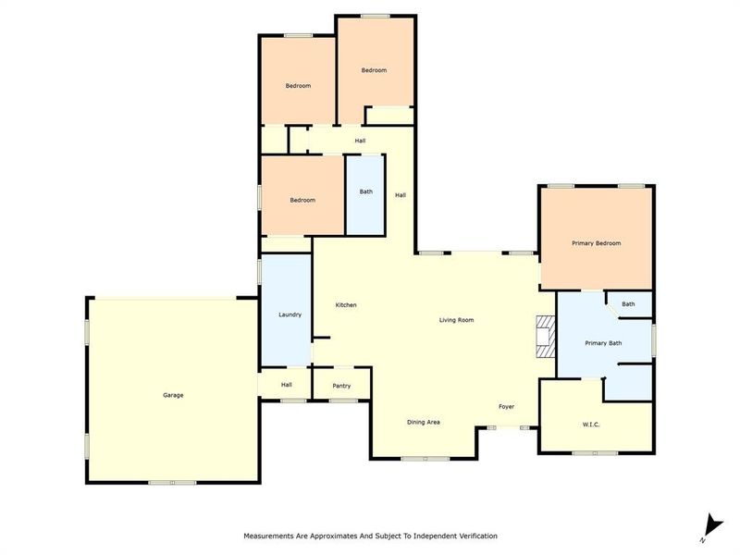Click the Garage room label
[x=173, y=395]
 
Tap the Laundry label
[x=290, y=314]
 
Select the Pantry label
[x=341, y=386]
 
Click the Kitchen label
[x=346, y=305]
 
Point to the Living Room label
[x=456, y=320]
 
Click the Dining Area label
[x=424, y=422]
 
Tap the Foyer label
[x=506, y=407]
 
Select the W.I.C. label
[x=593, y=425]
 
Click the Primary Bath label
[x=603, y=343]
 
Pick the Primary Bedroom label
[x=596, y=243]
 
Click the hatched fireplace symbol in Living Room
[x=545, y=337]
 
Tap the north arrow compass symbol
[x=709, y=525]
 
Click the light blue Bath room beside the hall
[x=366, y=194]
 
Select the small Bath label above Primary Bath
[x=628, y=304]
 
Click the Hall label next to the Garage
[x=287, y=385]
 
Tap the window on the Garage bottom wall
[x=173, y=482]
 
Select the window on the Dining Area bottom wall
[x=424, y=458]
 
